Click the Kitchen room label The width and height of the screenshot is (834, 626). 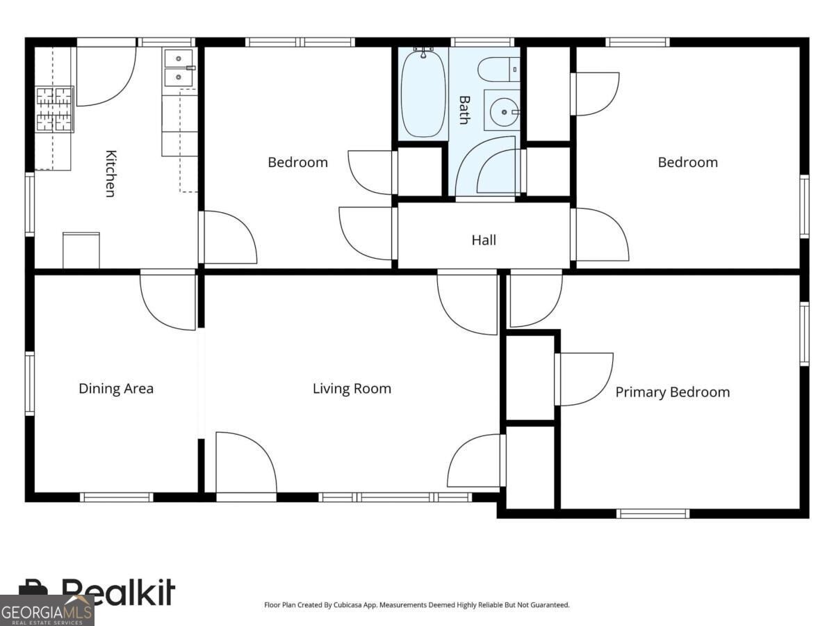coord(111,174)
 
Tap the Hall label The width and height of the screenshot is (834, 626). coord(484,240)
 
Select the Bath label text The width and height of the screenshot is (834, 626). coord(464,110)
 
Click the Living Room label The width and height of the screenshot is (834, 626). coord(352,388)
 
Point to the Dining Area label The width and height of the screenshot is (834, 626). coord(116,388)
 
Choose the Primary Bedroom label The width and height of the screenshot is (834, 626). coord(673,392)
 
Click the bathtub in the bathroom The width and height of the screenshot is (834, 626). coord(423,93)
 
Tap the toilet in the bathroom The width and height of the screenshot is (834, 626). coord(498,70)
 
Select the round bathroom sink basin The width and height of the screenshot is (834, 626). coord(504,112)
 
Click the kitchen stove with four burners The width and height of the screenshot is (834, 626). coord(55,109)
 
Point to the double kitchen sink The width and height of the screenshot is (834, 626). coord(179,68)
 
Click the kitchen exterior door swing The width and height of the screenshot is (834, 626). coord(106,76)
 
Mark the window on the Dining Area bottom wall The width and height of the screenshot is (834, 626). coord(116,497)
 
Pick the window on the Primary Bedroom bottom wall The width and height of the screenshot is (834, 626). coord(653,514)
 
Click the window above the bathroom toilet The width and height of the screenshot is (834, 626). coord(482,42)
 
